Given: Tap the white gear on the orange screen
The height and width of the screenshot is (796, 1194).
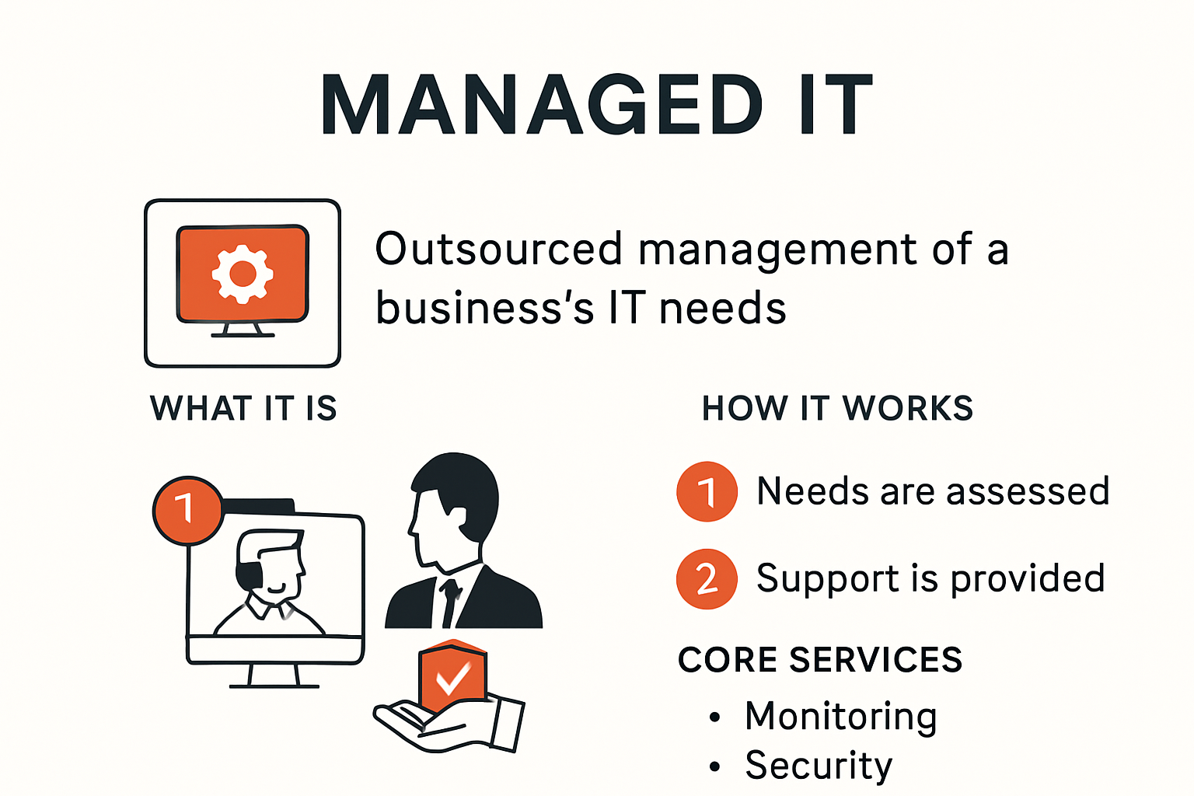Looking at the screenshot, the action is tap(243, 274).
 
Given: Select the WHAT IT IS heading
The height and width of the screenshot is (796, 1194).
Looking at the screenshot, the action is tap(243, 408).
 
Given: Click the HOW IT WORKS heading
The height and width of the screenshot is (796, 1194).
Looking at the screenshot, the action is tap(837, 408).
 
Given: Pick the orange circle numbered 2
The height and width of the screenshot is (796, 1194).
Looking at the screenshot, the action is tap(707, 579).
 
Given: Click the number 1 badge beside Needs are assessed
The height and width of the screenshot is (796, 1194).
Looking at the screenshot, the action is tap(707, 491).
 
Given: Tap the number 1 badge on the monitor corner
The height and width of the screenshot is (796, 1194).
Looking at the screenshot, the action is tap(187, 510).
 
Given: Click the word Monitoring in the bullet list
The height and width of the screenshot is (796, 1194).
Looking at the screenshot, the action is tap(840, 717).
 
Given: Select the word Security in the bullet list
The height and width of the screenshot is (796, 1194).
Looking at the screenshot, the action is tap(819, 766).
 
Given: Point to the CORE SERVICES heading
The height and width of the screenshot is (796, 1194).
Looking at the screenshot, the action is tap(820, 660).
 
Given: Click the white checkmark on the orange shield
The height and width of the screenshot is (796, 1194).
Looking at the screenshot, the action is tap(453, 677).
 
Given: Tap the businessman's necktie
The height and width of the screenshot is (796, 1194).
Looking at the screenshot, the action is tap(450, 602).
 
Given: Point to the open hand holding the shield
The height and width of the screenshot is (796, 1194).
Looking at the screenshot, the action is tap(448, 725).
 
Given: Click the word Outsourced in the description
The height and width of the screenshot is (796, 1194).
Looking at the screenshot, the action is tap(498, 249).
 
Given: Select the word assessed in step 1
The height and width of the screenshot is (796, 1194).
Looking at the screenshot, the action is tap(1028, 491).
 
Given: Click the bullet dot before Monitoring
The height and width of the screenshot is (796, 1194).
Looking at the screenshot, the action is tap(715, 717).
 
